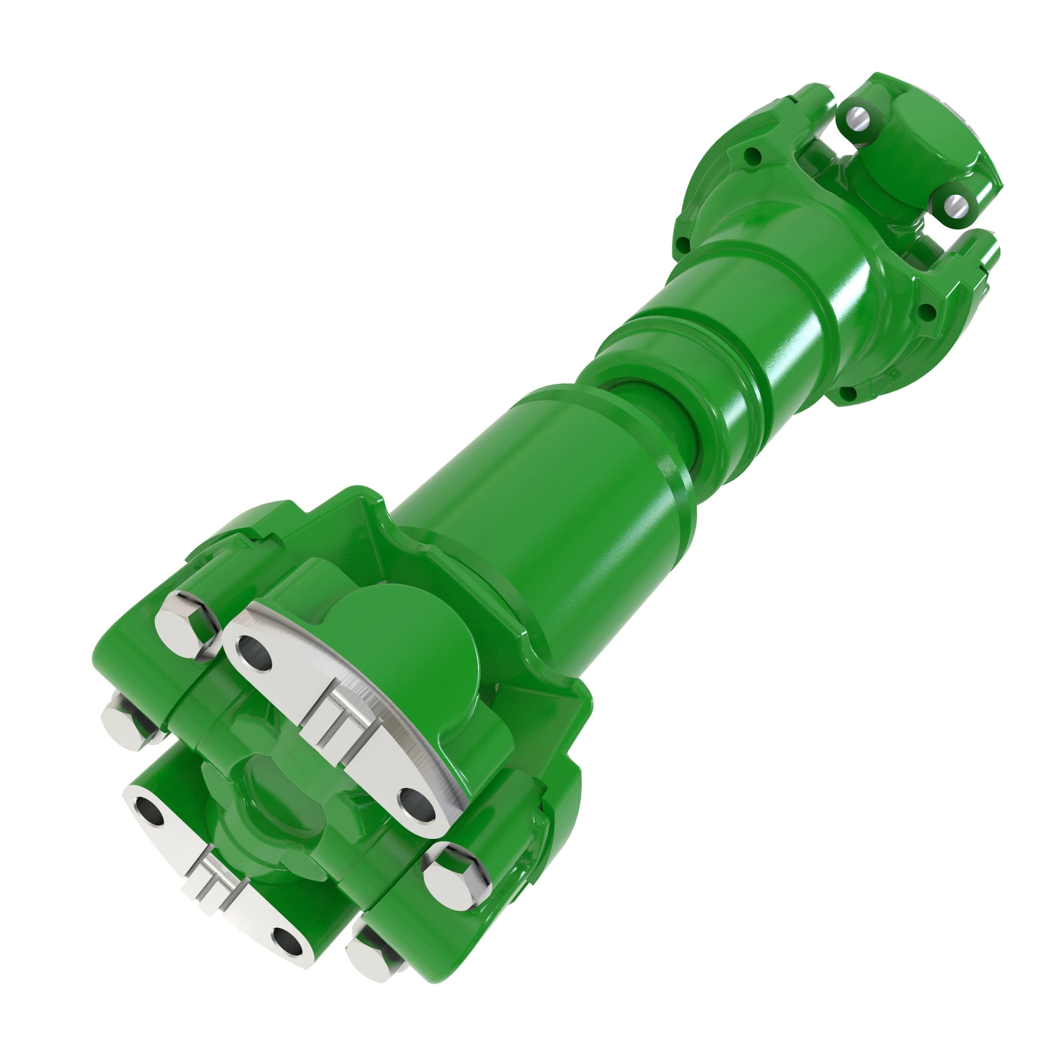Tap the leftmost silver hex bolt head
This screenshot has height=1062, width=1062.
125,727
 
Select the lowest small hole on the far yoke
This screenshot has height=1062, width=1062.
848,393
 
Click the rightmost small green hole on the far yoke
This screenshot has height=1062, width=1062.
926,312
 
